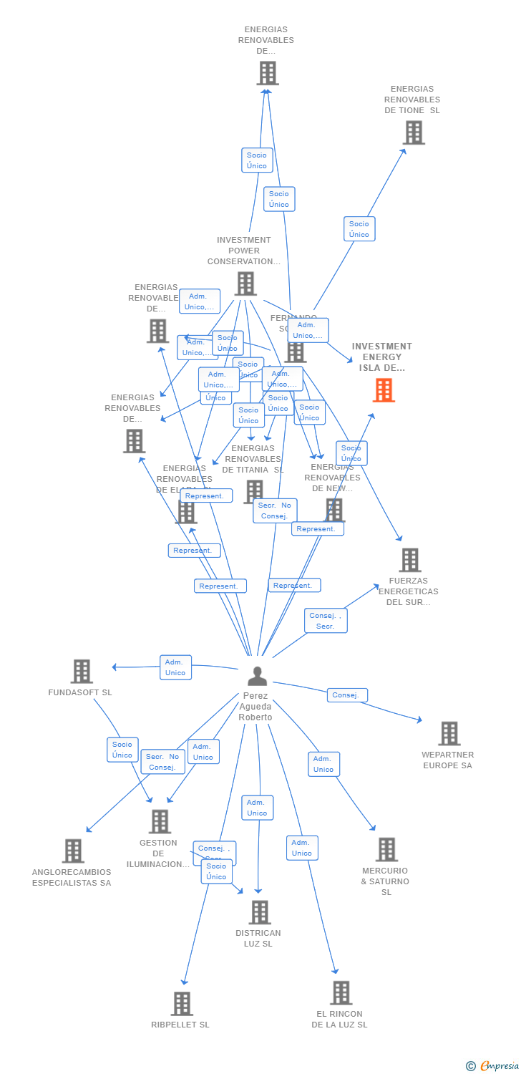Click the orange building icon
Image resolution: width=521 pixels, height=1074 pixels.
click(384, 390)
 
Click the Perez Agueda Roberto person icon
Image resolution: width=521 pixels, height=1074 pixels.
click(257, 675)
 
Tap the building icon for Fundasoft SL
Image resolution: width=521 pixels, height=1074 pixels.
click(82, 671)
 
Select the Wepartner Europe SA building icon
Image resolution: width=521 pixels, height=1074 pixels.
click(449, 733)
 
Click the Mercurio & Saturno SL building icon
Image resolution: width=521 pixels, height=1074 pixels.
click(386, 850)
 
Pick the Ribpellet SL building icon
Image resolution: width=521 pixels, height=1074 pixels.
click(182, 1004)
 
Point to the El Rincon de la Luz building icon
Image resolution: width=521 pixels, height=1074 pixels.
click(341, 993)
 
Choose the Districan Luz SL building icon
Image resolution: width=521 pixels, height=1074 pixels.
click(259, 912)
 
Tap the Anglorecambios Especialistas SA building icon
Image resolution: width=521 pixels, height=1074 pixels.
click(73, 851)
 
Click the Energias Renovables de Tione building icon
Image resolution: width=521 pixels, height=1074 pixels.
click(413, 132)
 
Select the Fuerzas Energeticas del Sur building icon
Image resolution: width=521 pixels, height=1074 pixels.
click(409, 560)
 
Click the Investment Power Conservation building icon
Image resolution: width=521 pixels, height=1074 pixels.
click(245, 284)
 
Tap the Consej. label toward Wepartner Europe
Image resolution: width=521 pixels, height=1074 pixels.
click(347, 695)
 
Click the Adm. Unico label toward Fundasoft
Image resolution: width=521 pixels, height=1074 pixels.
click(175, 667)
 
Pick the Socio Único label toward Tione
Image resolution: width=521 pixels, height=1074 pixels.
click(359, 229)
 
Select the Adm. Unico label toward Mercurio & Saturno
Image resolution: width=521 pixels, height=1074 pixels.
click(323, 764)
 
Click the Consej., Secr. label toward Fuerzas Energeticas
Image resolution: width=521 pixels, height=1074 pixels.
click(326, 621)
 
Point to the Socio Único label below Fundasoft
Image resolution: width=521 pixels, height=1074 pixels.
click(122, 750)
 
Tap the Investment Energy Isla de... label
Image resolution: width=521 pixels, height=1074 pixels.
click(382, 357)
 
